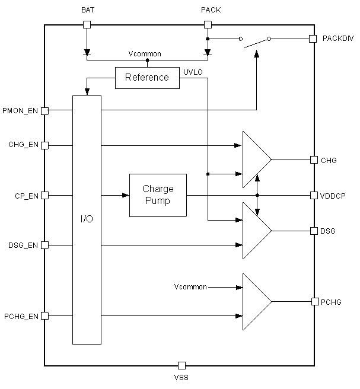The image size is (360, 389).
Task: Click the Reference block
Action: pyautogui.click(x=147, y=78)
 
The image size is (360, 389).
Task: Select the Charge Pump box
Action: pyautogui.click(x=158, y=195)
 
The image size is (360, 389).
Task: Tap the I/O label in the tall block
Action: pyautogui.click(x=87, y=219)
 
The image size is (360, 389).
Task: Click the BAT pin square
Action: pyautogui.click(x=87, y=24)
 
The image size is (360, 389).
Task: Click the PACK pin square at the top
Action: pyautogui.click(x=208, y=24)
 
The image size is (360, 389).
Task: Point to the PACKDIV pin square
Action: pyautogui.click(x=313, y=39)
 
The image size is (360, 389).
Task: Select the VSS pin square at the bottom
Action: pyautogui.click(x=182, y=365)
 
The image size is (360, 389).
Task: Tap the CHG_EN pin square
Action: pyautogui.click(x=44, y=145)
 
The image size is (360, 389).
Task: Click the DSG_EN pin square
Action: pyautogui.click(x=44, y=245)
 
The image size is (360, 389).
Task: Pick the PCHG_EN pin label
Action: pyautogui.click(x=21, y=316)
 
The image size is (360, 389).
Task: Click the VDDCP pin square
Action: pyautogui.click(x=314, y=195)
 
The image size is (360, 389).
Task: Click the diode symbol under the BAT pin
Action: pyautogui.click(x=87, y=52)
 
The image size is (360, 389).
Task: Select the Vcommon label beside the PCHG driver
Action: pyautogui.click(x=190, y=287)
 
